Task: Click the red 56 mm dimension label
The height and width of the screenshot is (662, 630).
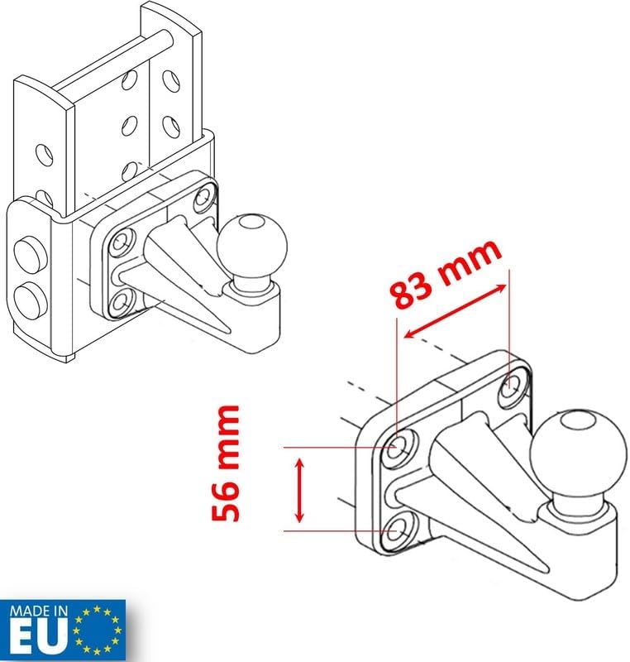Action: pyautogui.click(x=225, y=463)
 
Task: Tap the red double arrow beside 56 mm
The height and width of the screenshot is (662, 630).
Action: pyautogui.click(x=299, y=491)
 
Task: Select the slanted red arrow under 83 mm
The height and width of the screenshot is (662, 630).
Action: pyautogui.click(x=455, y=311)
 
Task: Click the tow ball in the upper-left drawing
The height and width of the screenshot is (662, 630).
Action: pyautogui.click(x=251, y=245)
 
